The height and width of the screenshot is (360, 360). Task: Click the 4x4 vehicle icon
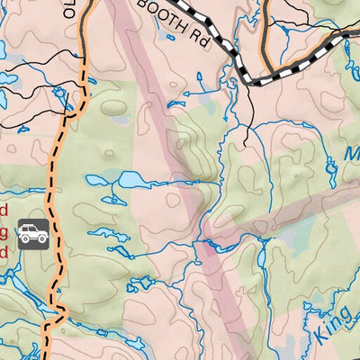pyautogui.click(x=33, y=236)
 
